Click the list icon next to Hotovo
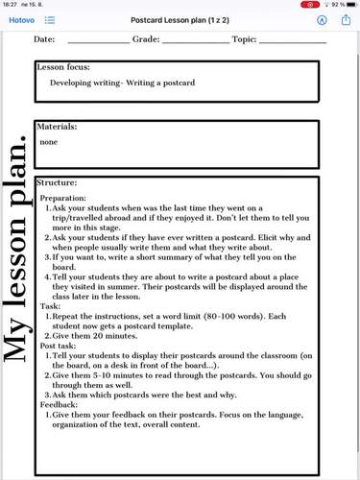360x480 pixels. pos(49,20)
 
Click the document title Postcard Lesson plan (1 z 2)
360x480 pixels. pos(180,20)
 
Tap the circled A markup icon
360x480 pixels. pos(322,20)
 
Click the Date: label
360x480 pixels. pos(44,40)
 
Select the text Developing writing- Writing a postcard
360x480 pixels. pos(122,83)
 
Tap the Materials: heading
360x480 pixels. pos(57,126)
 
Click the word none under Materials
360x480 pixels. pos(49,141)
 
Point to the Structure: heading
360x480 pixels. pos(57,182)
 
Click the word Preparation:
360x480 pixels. pos(63,198)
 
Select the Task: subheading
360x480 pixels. pos(50,305)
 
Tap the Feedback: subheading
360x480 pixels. pos(60,406)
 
